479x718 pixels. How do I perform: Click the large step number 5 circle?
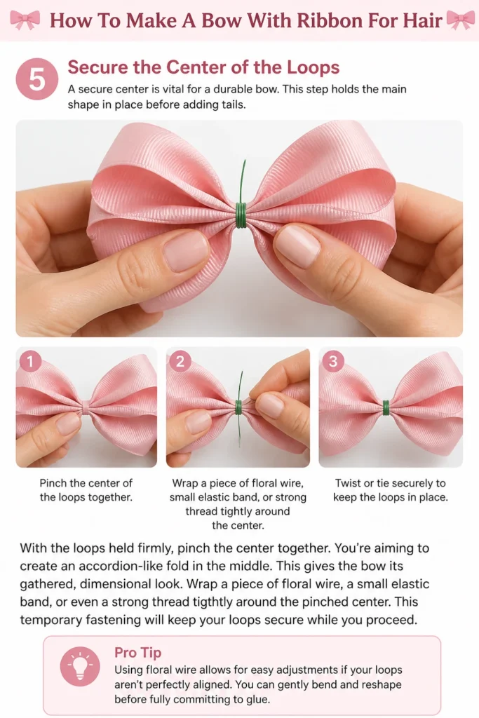(37, 79)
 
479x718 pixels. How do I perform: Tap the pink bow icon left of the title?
(25, 20)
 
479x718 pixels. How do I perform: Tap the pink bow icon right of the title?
(460, 20)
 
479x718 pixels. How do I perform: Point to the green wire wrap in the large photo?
(241, 215)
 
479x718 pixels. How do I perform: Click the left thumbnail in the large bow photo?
(185, 251)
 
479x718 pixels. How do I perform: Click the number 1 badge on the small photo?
(30, 362)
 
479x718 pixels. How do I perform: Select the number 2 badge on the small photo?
(180, 362)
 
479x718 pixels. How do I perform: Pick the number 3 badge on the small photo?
(333, 362)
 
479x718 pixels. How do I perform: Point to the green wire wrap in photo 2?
(238, 407)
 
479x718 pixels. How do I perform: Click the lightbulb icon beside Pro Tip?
(80, 666)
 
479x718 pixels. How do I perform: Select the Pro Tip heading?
(138, 653)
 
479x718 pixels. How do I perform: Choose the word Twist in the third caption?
(348, 483)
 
